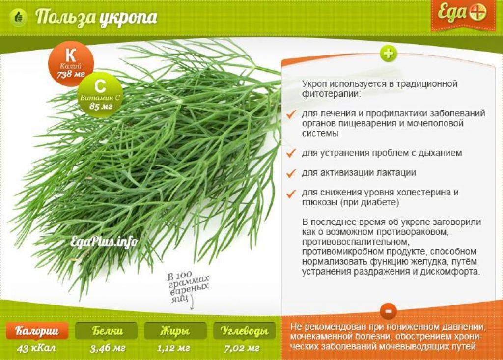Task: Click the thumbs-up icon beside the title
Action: [x=19, y=17]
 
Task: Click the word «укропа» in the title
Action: [x=128, y=18]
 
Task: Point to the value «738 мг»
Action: [x=71, y=75]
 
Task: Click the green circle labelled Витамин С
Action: [x=100, y=94]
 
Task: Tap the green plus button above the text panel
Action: [x=389, y=54]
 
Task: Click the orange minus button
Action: [x=388, y=311]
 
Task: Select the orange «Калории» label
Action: [x=37, y=331]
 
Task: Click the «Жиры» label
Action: [x=175, y=331]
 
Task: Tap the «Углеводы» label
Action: [x=245, y=331]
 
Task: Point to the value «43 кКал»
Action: [x=36, y=348]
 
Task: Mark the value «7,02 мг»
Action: [x=242, y=348]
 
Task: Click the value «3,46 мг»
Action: [x=108, y=348]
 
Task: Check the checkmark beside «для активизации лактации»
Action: [x=291, y=173]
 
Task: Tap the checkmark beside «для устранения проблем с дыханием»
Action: [x=291, y=153]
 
